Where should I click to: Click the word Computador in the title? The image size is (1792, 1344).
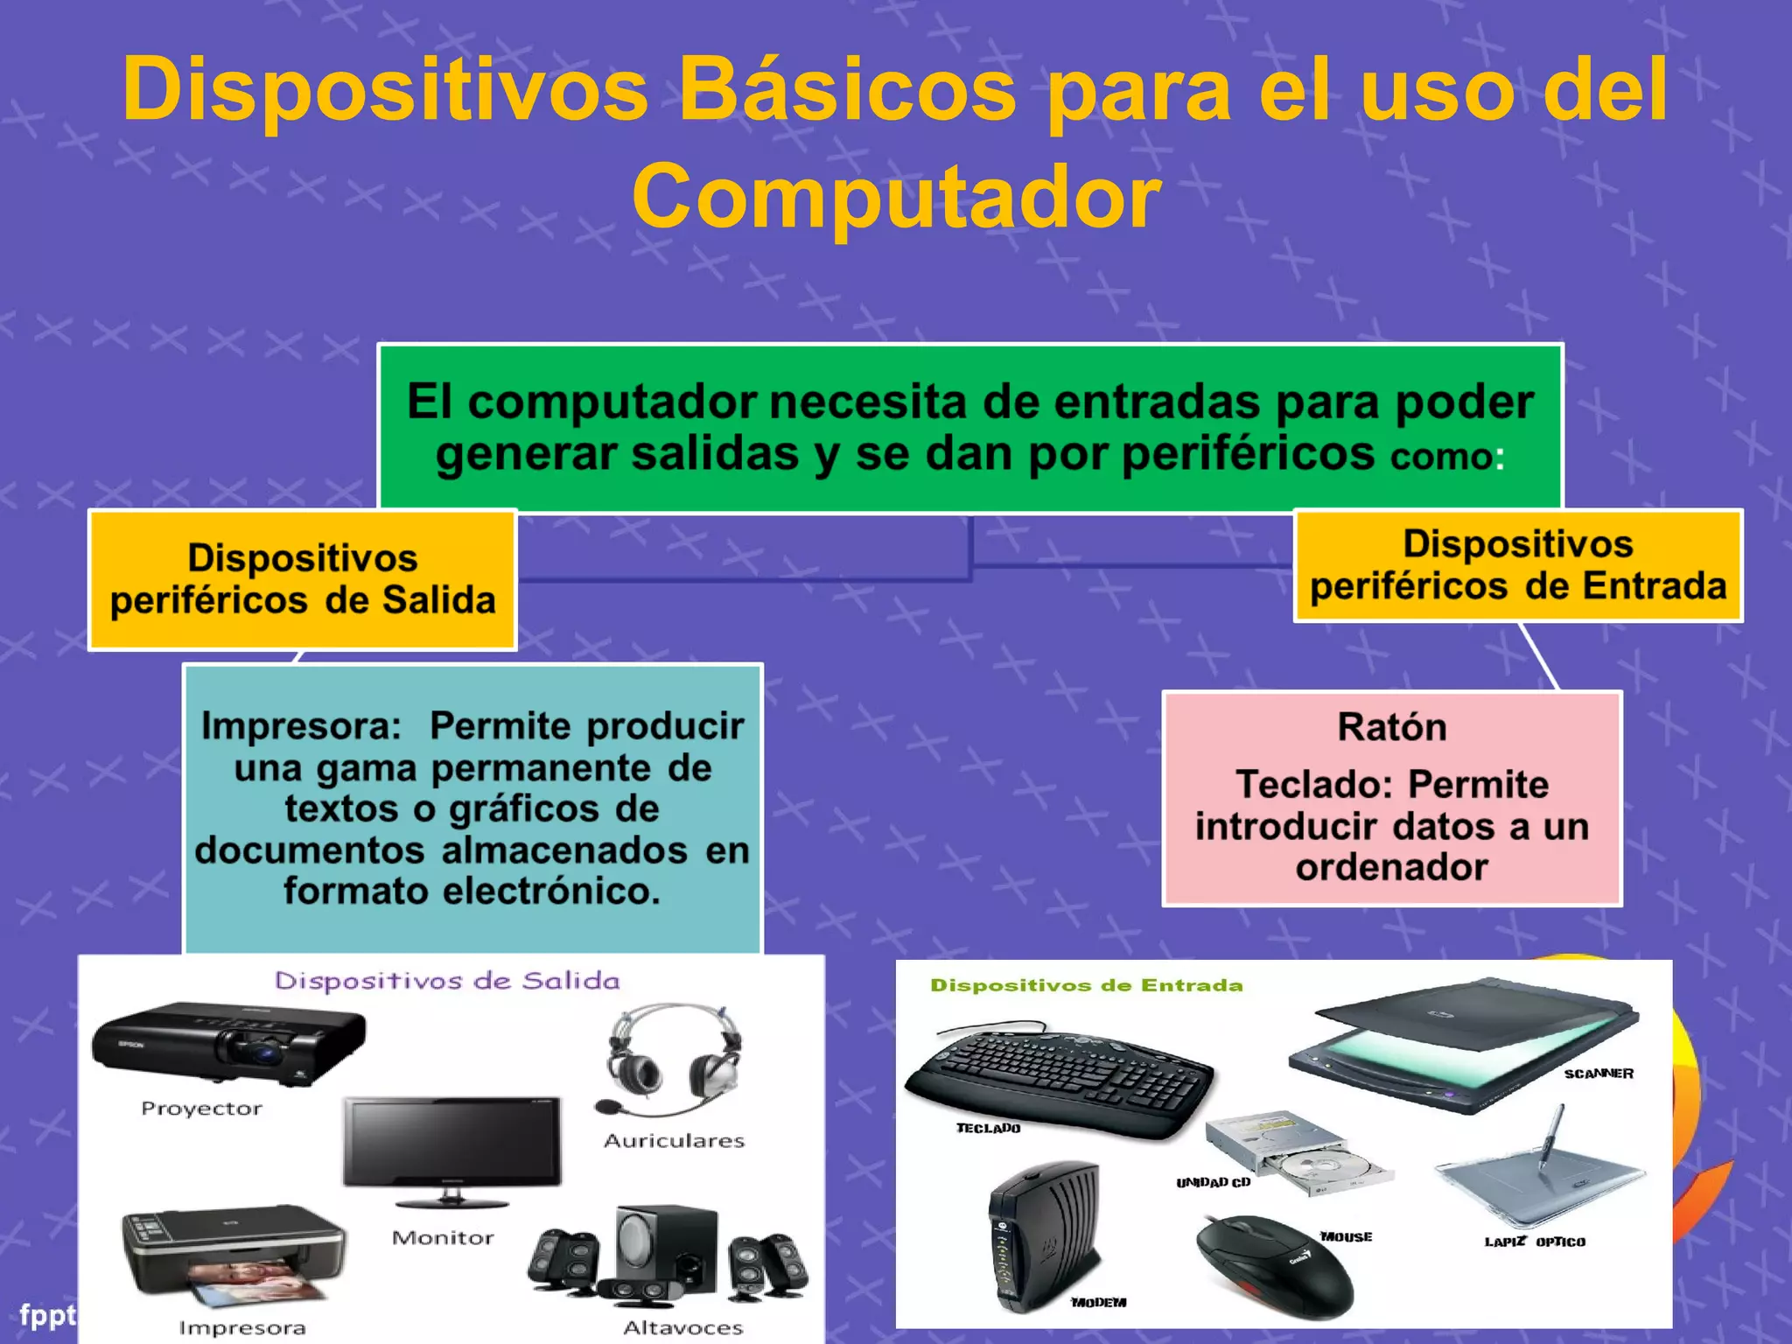(896, 198)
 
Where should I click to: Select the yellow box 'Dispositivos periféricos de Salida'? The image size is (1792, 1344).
(303, 579)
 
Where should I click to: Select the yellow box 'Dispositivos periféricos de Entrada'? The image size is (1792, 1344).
(1518, 565)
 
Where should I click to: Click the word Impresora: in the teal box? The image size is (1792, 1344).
(301, 726)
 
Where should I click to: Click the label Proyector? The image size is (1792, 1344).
(201, 1109)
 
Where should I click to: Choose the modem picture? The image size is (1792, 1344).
(1043, 1234)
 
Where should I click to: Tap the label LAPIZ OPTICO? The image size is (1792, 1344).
(1535, 1242)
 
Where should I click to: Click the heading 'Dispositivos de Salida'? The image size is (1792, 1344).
(447, 981)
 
